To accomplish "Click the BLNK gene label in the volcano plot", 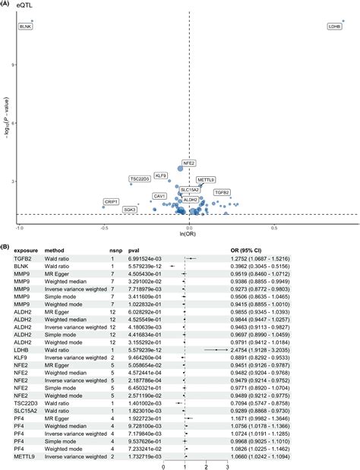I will click(x=26, y=27).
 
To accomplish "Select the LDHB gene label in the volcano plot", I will click(x=335, y=27).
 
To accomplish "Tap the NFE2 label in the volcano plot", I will click(x=189, y=163).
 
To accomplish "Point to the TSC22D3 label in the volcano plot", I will click(x=141, y=179).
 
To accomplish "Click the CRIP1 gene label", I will click(x=111, y=202).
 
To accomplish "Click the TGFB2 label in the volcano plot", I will click(x=222, y=193).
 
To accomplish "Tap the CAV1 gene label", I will click(x=160, y=196).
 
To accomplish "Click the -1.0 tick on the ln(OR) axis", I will click(x=20, y=226).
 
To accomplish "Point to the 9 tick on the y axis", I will click(x=14, y=65).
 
